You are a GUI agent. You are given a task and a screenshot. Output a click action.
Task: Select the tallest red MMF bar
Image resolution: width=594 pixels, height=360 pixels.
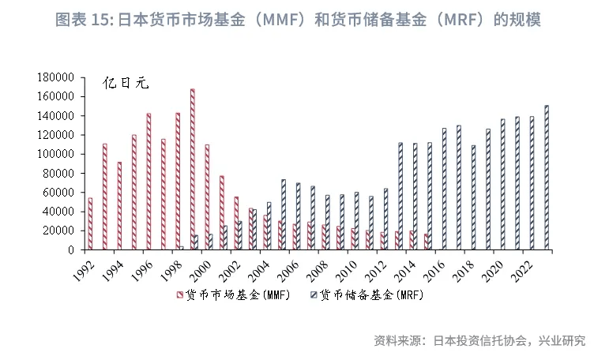click(x=193, y=169)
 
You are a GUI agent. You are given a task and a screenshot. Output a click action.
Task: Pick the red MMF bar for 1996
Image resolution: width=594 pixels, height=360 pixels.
click(x=148, y=181)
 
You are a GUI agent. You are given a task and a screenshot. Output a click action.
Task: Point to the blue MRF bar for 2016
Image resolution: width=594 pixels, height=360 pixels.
click(x=444, y=189)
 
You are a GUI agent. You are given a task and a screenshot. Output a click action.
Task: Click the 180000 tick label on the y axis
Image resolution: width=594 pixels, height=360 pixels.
click(x=55, y=77)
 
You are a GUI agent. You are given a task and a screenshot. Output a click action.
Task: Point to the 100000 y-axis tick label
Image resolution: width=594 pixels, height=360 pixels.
click(x=55, y=154)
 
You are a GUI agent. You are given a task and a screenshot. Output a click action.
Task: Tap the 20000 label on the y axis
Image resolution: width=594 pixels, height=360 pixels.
click(x=58, y=231)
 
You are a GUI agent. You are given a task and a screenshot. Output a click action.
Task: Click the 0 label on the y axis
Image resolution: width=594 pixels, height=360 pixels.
click(x=70, y=250)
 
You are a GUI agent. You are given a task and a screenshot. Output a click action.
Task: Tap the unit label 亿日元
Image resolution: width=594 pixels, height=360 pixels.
click(x=127, y=83)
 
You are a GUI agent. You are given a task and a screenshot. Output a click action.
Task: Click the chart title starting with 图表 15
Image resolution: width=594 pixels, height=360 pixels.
click(x=297, y=20)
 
